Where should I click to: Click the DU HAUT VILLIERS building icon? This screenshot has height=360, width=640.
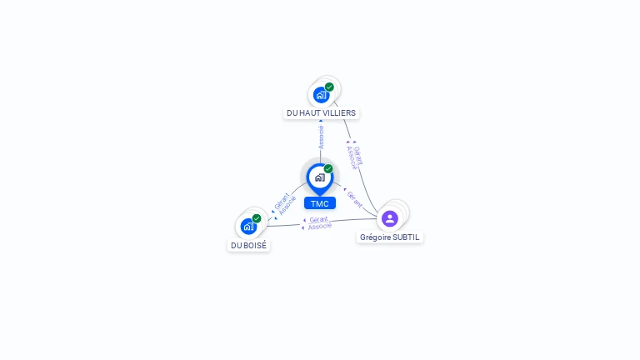click(x=321, y=95)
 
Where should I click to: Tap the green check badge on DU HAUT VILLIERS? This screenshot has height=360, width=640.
click(x=329, y=87)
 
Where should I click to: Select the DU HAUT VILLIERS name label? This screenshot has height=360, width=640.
click(x=321, y=112)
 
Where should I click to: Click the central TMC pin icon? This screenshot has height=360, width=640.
click(x=319, y=177)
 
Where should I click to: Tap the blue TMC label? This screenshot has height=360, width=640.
click(x=319, y=203)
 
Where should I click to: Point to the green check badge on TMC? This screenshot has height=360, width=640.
click(x=328, y=169)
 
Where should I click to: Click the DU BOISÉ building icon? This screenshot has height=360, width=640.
click(x=248, y=226)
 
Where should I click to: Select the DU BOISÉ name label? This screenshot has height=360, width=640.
click(x=248, y=246)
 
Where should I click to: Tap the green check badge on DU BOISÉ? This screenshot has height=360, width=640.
click(x=257, y=218)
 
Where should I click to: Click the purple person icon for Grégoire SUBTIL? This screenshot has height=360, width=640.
click(x=389, y=218)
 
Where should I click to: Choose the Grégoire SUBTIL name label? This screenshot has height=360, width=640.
click(x=390, y=237)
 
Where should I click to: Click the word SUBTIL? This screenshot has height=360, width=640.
click(x=407, y=237)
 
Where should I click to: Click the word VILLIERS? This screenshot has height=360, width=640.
click(x=338, y=112)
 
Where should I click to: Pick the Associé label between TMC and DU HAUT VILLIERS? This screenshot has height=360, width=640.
click(x=321, y=137)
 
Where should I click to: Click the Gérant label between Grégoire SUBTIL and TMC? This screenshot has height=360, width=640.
click(x=355, y=198)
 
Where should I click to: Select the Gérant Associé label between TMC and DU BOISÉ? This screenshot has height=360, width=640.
click(x=285, y=204)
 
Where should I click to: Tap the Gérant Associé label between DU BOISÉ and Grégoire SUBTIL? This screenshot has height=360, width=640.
click(x=318, y=222)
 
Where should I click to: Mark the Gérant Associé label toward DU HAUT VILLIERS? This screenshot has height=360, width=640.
click(x=354, y=156)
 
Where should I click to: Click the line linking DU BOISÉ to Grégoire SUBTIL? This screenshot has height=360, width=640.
click(x=350, y=221)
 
